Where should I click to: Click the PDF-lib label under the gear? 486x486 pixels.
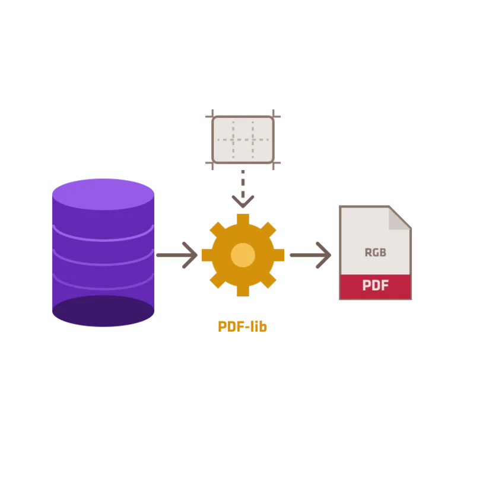(x=242, y=327)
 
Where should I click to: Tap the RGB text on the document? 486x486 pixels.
(x=376, y=252)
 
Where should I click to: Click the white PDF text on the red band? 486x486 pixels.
(x=376, y=286)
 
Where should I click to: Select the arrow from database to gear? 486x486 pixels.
(x=177, y=255)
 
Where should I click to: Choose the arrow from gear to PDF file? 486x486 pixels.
(x=310, y=255)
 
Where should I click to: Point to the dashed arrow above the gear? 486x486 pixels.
(x=243, y=188)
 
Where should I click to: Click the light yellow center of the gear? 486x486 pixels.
(x=243, y=255)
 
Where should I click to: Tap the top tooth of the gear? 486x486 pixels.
(x=243, y=219)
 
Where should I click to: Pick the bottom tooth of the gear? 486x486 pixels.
(x=243, y=291)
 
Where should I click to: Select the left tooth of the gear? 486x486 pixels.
(x=207, y=255)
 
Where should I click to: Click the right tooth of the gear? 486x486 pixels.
(x=279, y=255)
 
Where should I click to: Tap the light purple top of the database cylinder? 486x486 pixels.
(x=103, y=194)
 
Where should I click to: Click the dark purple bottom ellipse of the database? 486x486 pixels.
(x=103, y=311)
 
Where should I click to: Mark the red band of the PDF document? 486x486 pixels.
(x=376, y=287)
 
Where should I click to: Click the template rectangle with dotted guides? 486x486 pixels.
(x=243, y=139)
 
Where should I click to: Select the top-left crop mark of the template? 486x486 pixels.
(x=212, y=117)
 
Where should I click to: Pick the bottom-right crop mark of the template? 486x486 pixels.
(x=274, y=163)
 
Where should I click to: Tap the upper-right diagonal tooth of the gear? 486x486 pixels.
(x=268, y=230)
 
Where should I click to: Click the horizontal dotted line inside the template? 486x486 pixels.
(x=243, y=140)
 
